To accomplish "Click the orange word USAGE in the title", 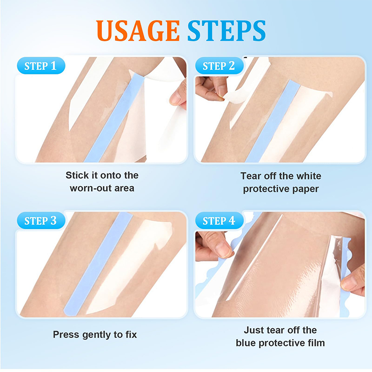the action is pos(138,31).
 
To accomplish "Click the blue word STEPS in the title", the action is pos(226,31).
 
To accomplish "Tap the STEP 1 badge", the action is pos(41,66).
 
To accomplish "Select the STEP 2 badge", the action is pos(219,66).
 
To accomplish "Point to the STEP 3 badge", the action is pos(41,220).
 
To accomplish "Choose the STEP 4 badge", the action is pos(219,220).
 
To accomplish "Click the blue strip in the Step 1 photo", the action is pos(114,118).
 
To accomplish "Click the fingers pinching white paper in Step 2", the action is pos(211,88).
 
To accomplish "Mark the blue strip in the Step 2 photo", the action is pos(273,121).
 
